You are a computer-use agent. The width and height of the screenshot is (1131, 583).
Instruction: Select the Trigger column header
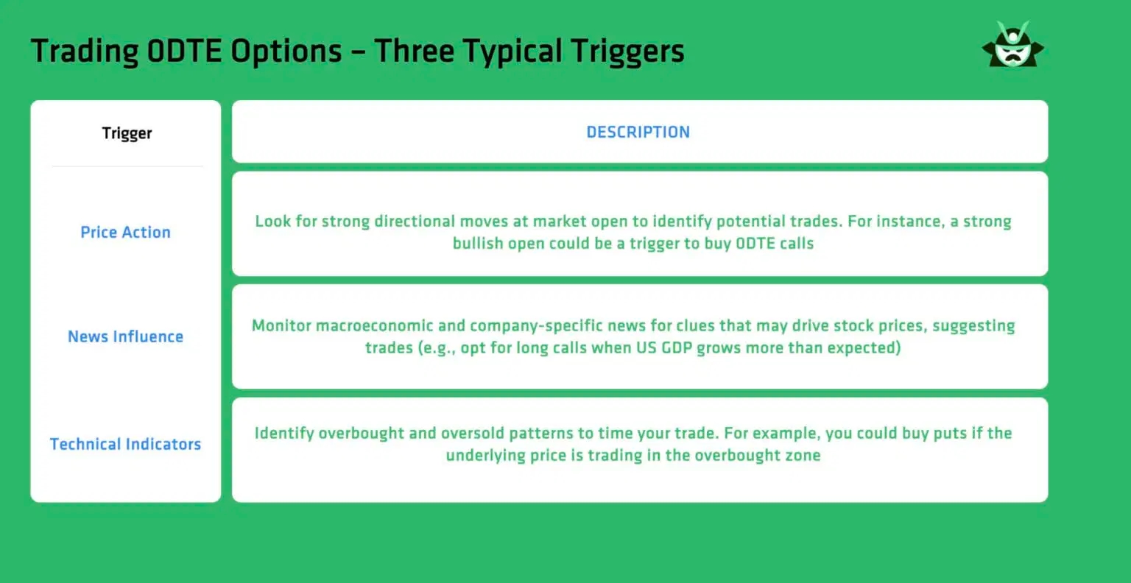tap(127, 133)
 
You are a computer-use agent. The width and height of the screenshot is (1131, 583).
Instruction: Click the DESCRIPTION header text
tap(638, 132)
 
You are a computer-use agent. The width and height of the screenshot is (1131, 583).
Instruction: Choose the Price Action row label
tap(125, 233)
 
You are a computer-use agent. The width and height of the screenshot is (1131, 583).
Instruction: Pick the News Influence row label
tap(125, 337)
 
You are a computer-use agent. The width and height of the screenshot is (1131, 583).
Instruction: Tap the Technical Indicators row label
tap(125, 445)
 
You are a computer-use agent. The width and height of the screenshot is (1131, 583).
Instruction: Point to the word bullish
tap(478, 244)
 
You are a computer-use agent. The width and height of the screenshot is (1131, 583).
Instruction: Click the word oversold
tap(470, 434)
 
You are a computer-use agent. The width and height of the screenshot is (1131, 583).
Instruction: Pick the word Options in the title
tap(286, 51)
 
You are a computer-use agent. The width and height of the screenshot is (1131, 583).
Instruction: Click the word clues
tap(697, 326)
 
